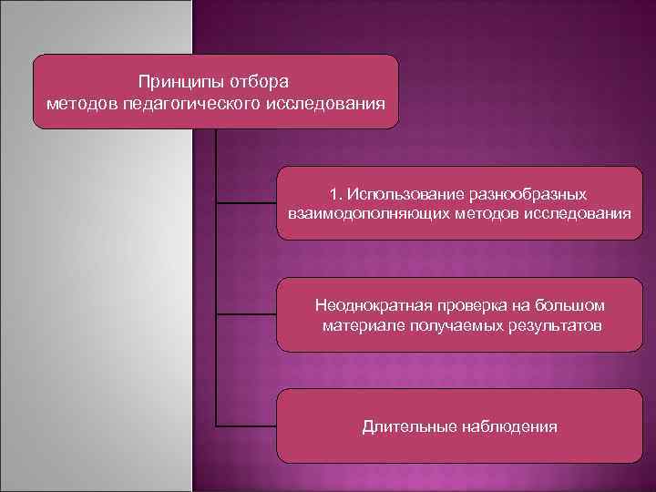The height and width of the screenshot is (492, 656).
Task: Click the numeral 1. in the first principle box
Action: (336, 194)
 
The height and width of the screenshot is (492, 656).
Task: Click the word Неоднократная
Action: (371, 305)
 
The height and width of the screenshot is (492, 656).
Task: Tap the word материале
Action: (361, 324)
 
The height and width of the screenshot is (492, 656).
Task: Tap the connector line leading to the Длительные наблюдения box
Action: (246, 425)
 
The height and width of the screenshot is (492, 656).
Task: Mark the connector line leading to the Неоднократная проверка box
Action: (246, 315)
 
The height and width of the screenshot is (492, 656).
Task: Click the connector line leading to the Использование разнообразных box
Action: (246, 203)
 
